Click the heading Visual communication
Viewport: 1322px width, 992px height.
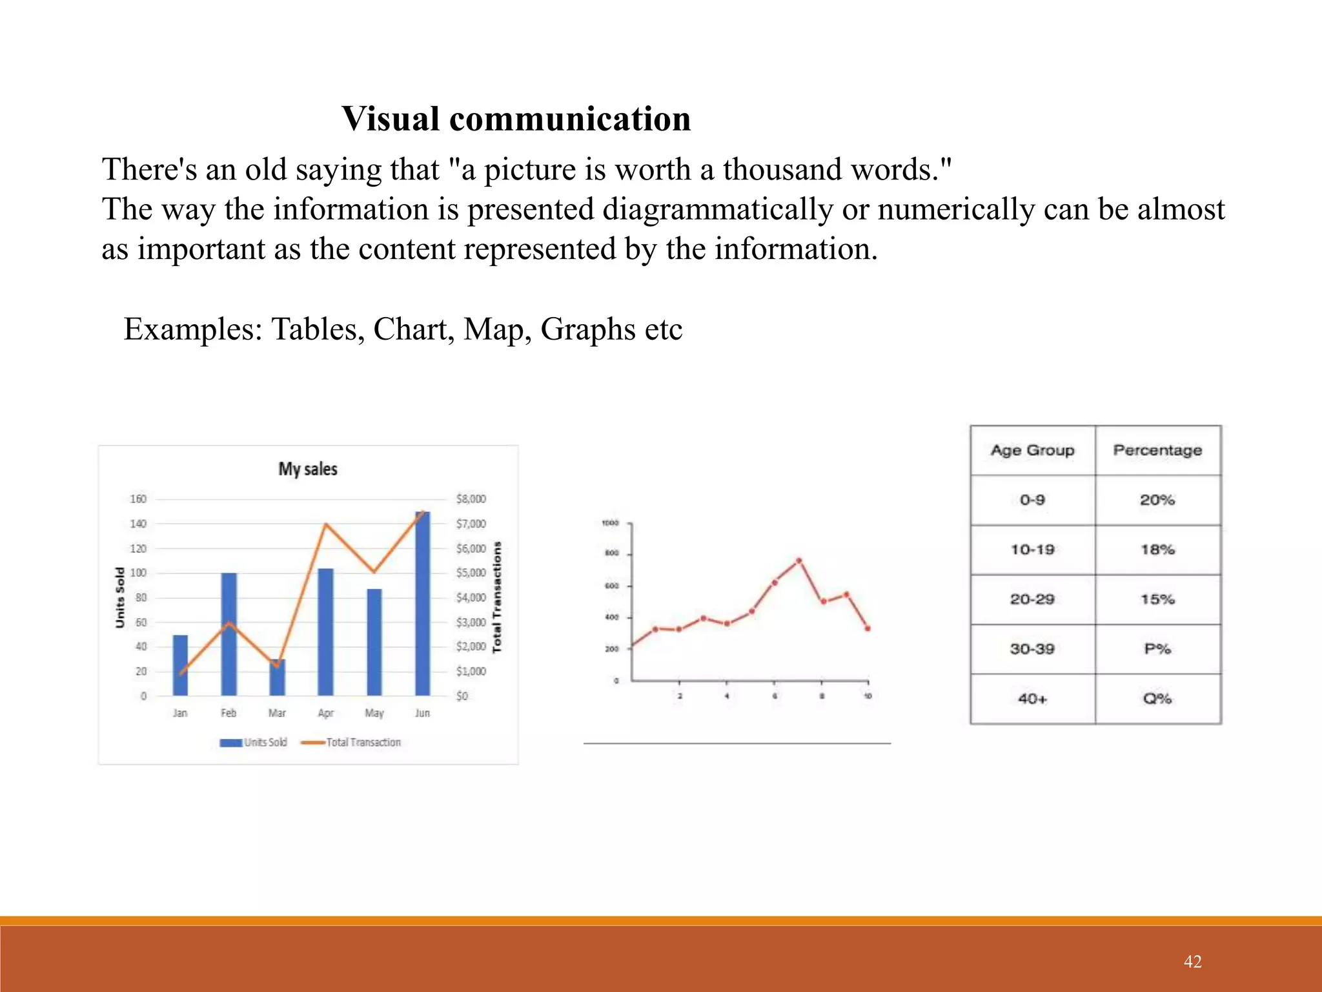[516, 119]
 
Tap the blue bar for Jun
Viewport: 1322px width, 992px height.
[422, 603]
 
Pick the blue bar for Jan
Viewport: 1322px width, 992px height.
[180, 665]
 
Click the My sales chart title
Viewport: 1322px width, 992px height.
[308, 469]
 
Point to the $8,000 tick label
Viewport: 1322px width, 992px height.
[471, 499]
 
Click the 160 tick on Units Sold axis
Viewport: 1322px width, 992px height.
[138, 499]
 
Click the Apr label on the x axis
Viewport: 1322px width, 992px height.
[325, 713]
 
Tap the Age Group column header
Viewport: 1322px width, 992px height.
[1032, 450]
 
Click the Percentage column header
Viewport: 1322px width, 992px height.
[1157, 450]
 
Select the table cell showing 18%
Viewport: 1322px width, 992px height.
[1157, 550]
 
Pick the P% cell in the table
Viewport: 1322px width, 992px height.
[1157, 648]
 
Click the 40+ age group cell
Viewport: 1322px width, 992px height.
[1032, 698]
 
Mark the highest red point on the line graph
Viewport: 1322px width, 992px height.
[799, 561]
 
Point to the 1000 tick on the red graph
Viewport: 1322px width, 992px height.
[610, 523]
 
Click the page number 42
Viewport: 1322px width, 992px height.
[1192, 962]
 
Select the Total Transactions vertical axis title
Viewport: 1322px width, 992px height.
[497, 597]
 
